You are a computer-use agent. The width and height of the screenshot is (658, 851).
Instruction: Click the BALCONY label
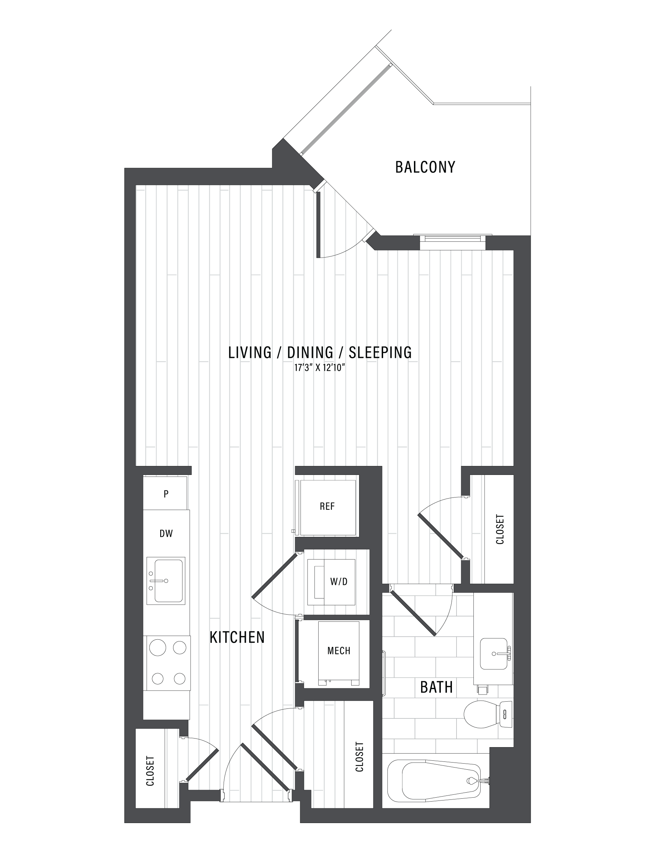[x=425, y=167]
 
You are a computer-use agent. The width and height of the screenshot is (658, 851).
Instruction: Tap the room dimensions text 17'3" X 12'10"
[x=320, y=368]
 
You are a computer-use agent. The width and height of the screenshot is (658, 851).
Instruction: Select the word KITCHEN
[x=237, y=638]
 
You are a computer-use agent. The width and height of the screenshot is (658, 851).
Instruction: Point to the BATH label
[x=436, y=687]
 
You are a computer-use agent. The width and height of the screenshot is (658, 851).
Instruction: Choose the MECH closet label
[x=339, y=651]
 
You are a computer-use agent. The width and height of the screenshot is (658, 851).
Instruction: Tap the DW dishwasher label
[x=166, y=534]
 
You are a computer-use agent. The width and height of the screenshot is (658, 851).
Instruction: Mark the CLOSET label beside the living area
[x=500, y=529]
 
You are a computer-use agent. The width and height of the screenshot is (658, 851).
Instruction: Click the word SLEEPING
[x=380, y=352]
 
